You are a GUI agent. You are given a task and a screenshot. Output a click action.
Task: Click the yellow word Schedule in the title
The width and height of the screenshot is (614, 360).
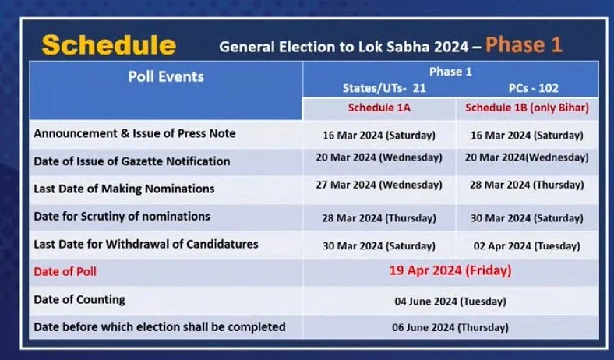click(109, 45)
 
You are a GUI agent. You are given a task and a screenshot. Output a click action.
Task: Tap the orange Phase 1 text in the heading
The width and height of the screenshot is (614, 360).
click(524, 45)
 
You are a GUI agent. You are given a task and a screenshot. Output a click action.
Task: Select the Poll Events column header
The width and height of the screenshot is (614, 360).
click(166, 77)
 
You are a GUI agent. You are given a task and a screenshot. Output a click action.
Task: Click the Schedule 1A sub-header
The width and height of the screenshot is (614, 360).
click(379, 108)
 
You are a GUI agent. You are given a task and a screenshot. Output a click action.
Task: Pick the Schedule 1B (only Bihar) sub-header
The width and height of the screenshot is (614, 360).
click(527, 108)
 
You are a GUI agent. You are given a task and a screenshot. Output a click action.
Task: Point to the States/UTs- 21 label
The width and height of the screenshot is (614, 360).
click(384, 89)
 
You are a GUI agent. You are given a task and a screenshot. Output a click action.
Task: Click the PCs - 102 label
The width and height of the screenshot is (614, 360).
click(533, 88)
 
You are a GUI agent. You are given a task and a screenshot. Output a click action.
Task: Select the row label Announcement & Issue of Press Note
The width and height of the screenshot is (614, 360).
click(135, 133)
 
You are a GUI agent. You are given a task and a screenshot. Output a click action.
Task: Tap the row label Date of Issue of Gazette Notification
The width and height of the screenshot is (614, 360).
click(132, 161)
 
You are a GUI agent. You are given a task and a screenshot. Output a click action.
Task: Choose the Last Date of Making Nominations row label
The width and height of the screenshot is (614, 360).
click(124, 189)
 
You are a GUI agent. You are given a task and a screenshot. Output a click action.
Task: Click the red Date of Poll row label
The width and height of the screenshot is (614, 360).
click(65, 272)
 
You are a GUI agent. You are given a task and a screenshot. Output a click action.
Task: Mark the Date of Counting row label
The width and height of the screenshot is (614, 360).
click(79, 300)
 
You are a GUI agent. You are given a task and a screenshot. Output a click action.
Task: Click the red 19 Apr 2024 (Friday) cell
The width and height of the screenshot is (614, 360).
click(450, 270)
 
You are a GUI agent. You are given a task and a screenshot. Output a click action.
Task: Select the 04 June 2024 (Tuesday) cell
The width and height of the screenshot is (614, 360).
click(450, 302)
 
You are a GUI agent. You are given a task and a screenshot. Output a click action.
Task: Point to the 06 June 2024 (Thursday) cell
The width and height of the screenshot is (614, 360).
click(450, 327)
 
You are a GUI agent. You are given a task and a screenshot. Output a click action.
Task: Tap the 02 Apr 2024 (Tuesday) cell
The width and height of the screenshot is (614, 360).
click(527, 246)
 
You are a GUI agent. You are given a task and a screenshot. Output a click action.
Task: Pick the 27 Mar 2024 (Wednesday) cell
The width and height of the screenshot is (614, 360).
click(379, 185)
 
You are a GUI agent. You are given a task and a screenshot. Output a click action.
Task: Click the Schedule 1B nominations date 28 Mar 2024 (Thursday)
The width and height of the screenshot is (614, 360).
click(527, 185)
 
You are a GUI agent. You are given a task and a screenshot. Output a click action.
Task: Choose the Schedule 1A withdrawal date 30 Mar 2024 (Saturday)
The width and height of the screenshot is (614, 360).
click(379, 246)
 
